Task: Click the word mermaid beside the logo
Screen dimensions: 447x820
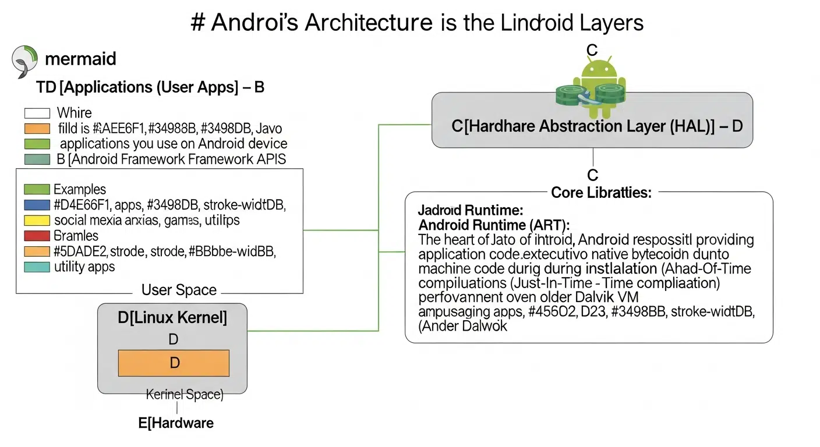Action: [80, 59]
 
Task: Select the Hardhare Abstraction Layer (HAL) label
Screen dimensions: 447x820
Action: [597, 126]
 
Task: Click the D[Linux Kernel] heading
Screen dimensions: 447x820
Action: [172, 318]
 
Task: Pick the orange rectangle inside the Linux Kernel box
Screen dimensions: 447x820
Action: [174, 363]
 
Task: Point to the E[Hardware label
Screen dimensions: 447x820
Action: [176, 423]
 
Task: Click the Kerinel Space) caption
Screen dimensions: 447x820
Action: [184, 395]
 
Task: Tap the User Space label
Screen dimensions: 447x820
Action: [179, 290]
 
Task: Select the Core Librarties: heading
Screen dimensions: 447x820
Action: [601, 192]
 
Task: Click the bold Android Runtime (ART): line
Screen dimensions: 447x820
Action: [494, 225]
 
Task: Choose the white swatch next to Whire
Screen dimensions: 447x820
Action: [37, 113]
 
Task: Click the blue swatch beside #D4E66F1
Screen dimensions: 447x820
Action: [37, 205]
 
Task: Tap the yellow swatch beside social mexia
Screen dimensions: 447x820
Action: [37, 221]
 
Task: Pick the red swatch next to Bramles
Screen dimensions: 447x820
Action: [37, 236]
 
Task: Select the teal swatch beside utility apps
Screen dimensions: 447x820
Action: [37, 267]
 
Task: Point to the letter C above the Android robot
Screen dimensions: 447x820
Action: [592, 51]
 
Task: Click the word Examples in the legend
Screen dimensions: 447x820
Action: [80, 190]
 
